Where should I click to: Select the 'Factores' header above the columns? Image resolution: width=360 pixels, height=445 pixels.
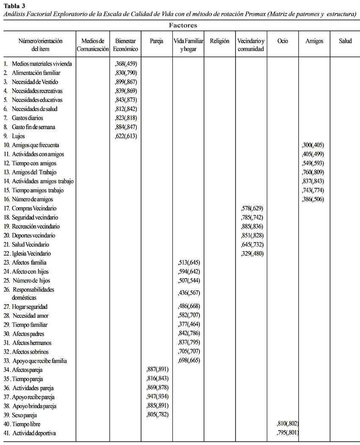tap(183, 25)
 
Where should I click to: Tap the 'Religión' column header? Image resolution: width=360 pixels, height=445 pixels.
tap(219, 41)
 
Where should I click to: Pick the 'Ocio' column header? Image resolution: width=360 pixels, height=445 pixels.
tap(282, 41)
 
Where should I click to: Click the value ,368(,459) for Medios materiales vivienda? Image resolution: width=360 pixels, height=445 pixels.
tap(126, 64)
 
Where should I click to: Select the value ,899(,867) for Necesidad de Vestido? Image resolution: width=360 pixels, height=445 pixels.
tap(126, 82)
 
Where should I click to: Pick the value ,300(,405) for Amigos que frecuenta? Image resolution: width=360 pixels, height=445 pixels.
tap(313, 145)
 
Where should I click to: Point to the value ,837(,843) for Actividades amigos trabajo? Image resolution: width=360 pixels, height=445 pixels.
tap(313, 181)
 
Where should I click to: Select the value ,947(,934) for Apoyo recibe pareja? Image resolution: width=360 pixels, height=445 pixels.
tap(157, 397)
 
